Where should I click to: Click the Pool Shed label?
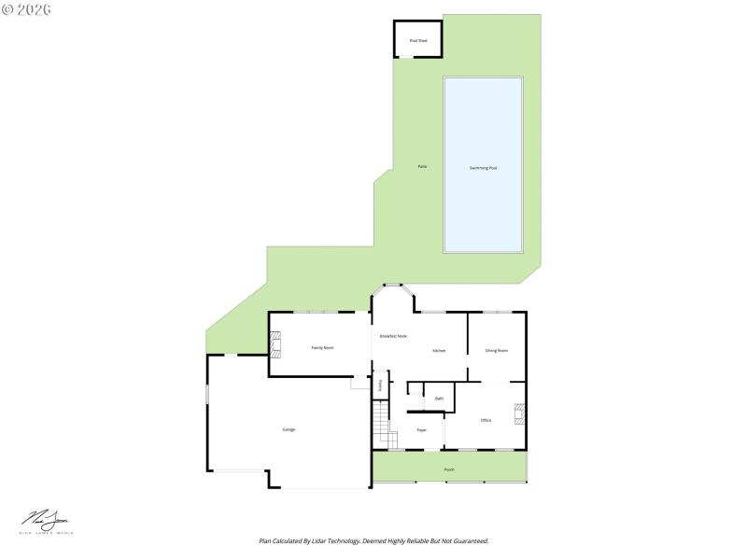[x=417, y=41]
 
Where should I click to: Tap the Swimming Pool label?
[x=483, y=168]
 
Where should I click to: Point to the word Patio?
[x=422, y=166]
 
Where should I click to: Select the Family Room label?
[x=322, y=347]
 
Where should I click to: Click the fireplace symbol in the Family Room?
[x=275, y=344]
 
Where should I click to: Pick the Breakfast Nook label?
[x=393, y=336]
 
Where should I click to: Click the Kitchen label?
[x=439, y=351]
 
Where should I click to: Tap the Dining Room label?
[x=497, y=351]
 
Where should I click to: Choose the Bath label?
[x=439, y=399]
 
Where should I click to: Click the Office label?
[x=486, y=420]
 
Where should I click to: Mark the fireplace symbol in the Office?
[x=520, y=413]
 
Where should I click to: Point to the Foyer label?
[x=422, y=429]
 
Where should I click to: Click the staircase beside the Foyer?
[x=380, y=425]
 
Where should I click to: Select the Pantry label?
[x=380, y=385]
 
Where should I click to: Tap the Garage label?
[x=289, y=429]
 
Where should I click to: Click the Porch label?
[x=449, y=469]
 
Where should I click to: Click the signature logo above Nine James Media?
[x=45, y=518]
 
